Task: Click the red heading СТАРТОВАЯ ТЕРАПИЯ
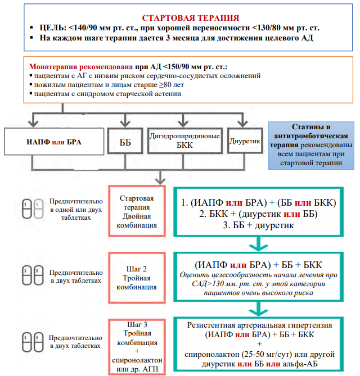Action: click(x=191, y=18)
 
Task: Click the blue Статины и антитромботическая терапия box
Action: click(x=311, y=146)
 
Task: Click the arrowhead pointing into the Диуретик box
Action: click(x=243, y=124)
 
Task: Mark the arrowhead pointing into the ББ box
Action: click(x=125, y=124)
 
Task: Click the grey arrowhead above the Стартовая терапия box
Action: click(x=160, y=181)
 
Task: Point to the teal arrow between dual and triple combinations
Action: click(x=259, y=244)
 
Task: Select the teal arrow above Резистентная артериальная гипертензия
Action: click(x=259, y=309)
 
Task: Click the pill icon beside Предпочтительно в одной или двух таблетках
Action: click(x=33, y=209)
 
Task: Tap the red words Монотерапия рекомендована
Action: click(x=81, y=66)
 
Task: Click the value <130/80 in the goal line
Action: click(x=267, y=28)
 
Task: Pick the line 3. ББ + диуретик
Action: click(x=259, y=225)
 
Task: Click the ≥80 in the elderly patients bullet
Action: click(x=165, y=85)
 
